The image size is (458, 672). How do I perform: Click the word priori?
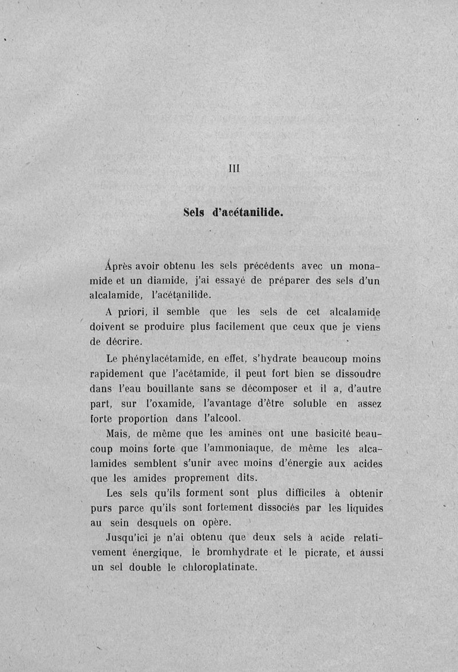click(x=133, y=313)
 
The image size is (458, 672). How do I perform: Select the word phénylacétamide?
click(x=167, y=359)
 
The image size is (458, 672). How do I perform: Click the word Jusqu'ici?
click(x=128, y=538)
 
